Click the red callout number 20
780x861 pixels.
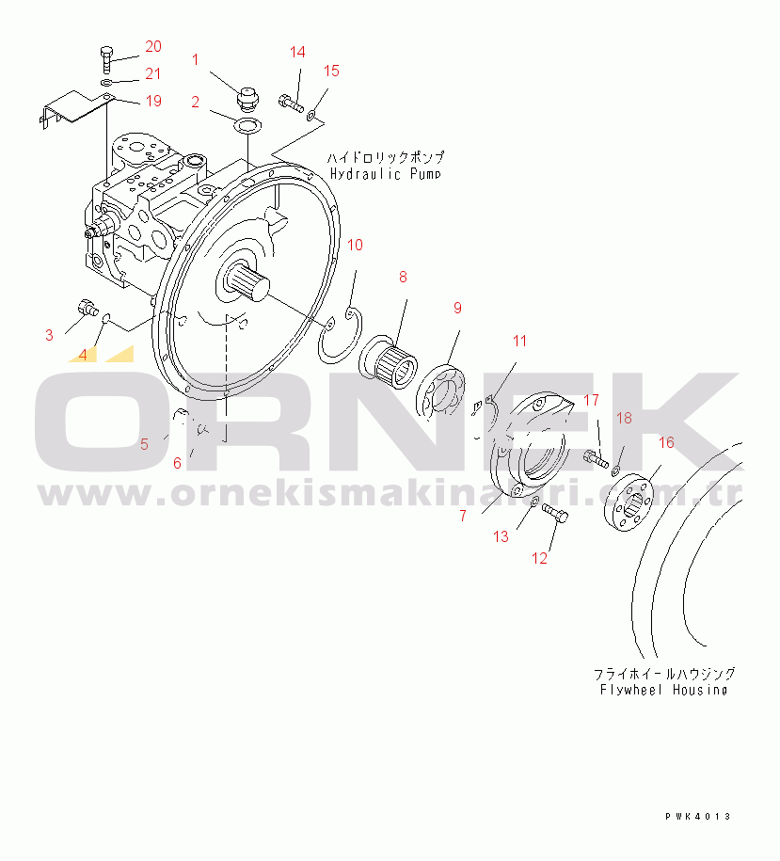[152, 47]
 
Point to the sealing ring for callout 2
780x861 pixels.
[247, 125]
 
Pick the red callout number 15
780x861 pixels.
[331, 71]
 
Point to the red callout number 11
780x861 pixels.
[520, 341]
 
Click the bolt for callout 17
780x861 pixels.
[592, 458]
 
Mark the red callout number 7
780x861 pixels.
[462, 516]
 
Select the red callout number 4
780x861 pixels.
[83, 355]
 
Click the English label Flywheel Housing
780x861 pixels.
[663, 690]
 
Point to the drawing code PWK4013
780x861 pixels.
[695, 816]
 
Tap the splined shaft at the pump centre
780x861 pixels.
[247, 279]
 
